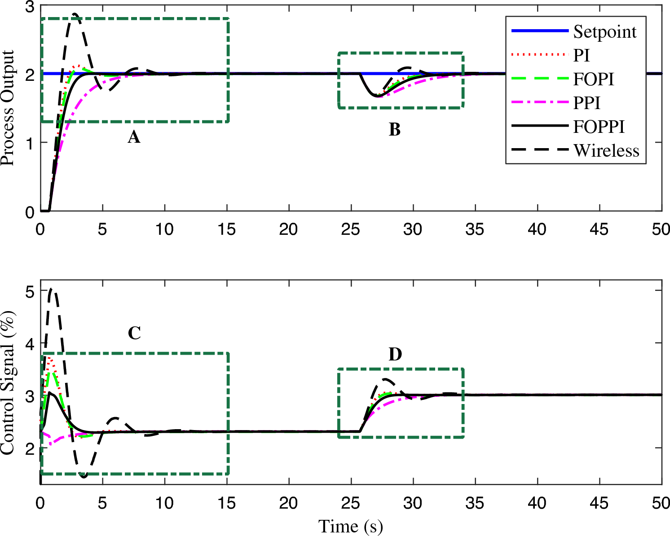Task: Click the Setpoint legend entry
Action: click(x=604, y=32)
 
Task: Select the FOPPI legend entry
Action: click(x=599, y=127)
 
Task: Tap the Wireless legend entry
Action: click(x=606, y=151)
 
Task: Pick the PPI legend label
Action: click(x=586, y=103)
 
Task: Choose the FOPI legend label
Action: click(x=593, y=79)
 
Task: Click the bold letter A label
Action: click(x=134, y=137)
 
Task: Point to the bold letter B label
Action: click(x=394, y=130)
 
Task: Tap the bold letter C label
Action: click(x=134, y=333)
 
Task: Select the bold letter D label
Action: click(x=395, y=355)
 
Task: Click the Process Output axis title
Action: click(x=8, y=108)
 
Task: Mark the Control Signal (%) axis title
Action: click(x=8, y=382)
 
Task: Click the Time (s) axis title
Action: click(x=350, y=526)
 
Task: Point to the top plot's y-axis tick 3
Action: click(x=30, y=6)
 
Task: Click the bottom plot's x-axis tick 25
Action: click(x=350, y=503)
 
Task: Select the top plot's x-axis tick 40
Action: click(x=537, y=229)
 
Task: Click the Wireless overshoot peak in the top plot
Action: click(x=74, y=14)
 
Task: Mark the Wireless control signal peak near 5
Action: click(x=52, y=290)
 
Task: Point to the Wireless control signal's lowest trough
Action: click(x=84, y=476)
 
